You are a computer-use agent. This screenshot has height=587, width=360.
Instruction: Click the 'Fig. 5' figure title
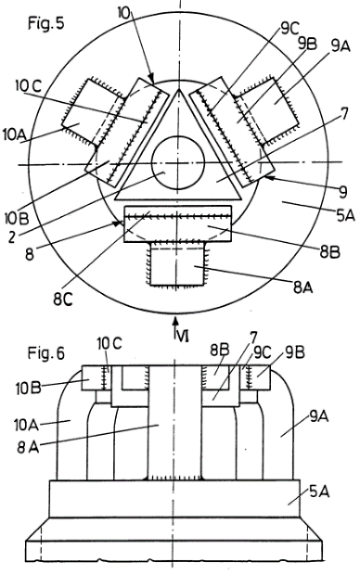click(46, 23)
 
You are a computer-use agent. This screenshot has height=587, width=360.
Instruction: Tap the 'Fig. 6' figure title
click(46, 353)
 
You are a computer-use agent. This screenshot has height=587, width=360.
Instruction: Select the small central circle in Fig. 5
click(178, 162)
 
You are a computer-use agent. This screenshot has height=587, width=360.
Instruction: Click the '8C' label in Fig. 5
click(62, 300)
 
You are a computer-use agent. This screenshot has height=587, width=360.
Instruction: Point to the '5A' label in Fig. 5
click(345, 215)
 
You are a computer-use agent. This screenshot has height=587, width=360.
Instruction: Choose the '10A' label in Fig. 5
click(14, 134)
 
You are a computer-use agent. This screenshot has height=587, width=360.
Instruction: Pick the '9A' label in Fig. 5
click(341, 46)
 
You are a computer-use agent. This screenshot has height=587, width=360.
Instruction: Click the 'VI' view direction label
click(182, 337)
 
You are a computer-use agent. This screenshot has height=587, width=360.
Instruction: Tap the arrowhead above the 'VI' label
click(175, 321)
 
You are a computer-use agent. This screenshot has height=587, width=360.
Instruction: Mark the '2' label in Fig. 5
click(12, 237)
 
